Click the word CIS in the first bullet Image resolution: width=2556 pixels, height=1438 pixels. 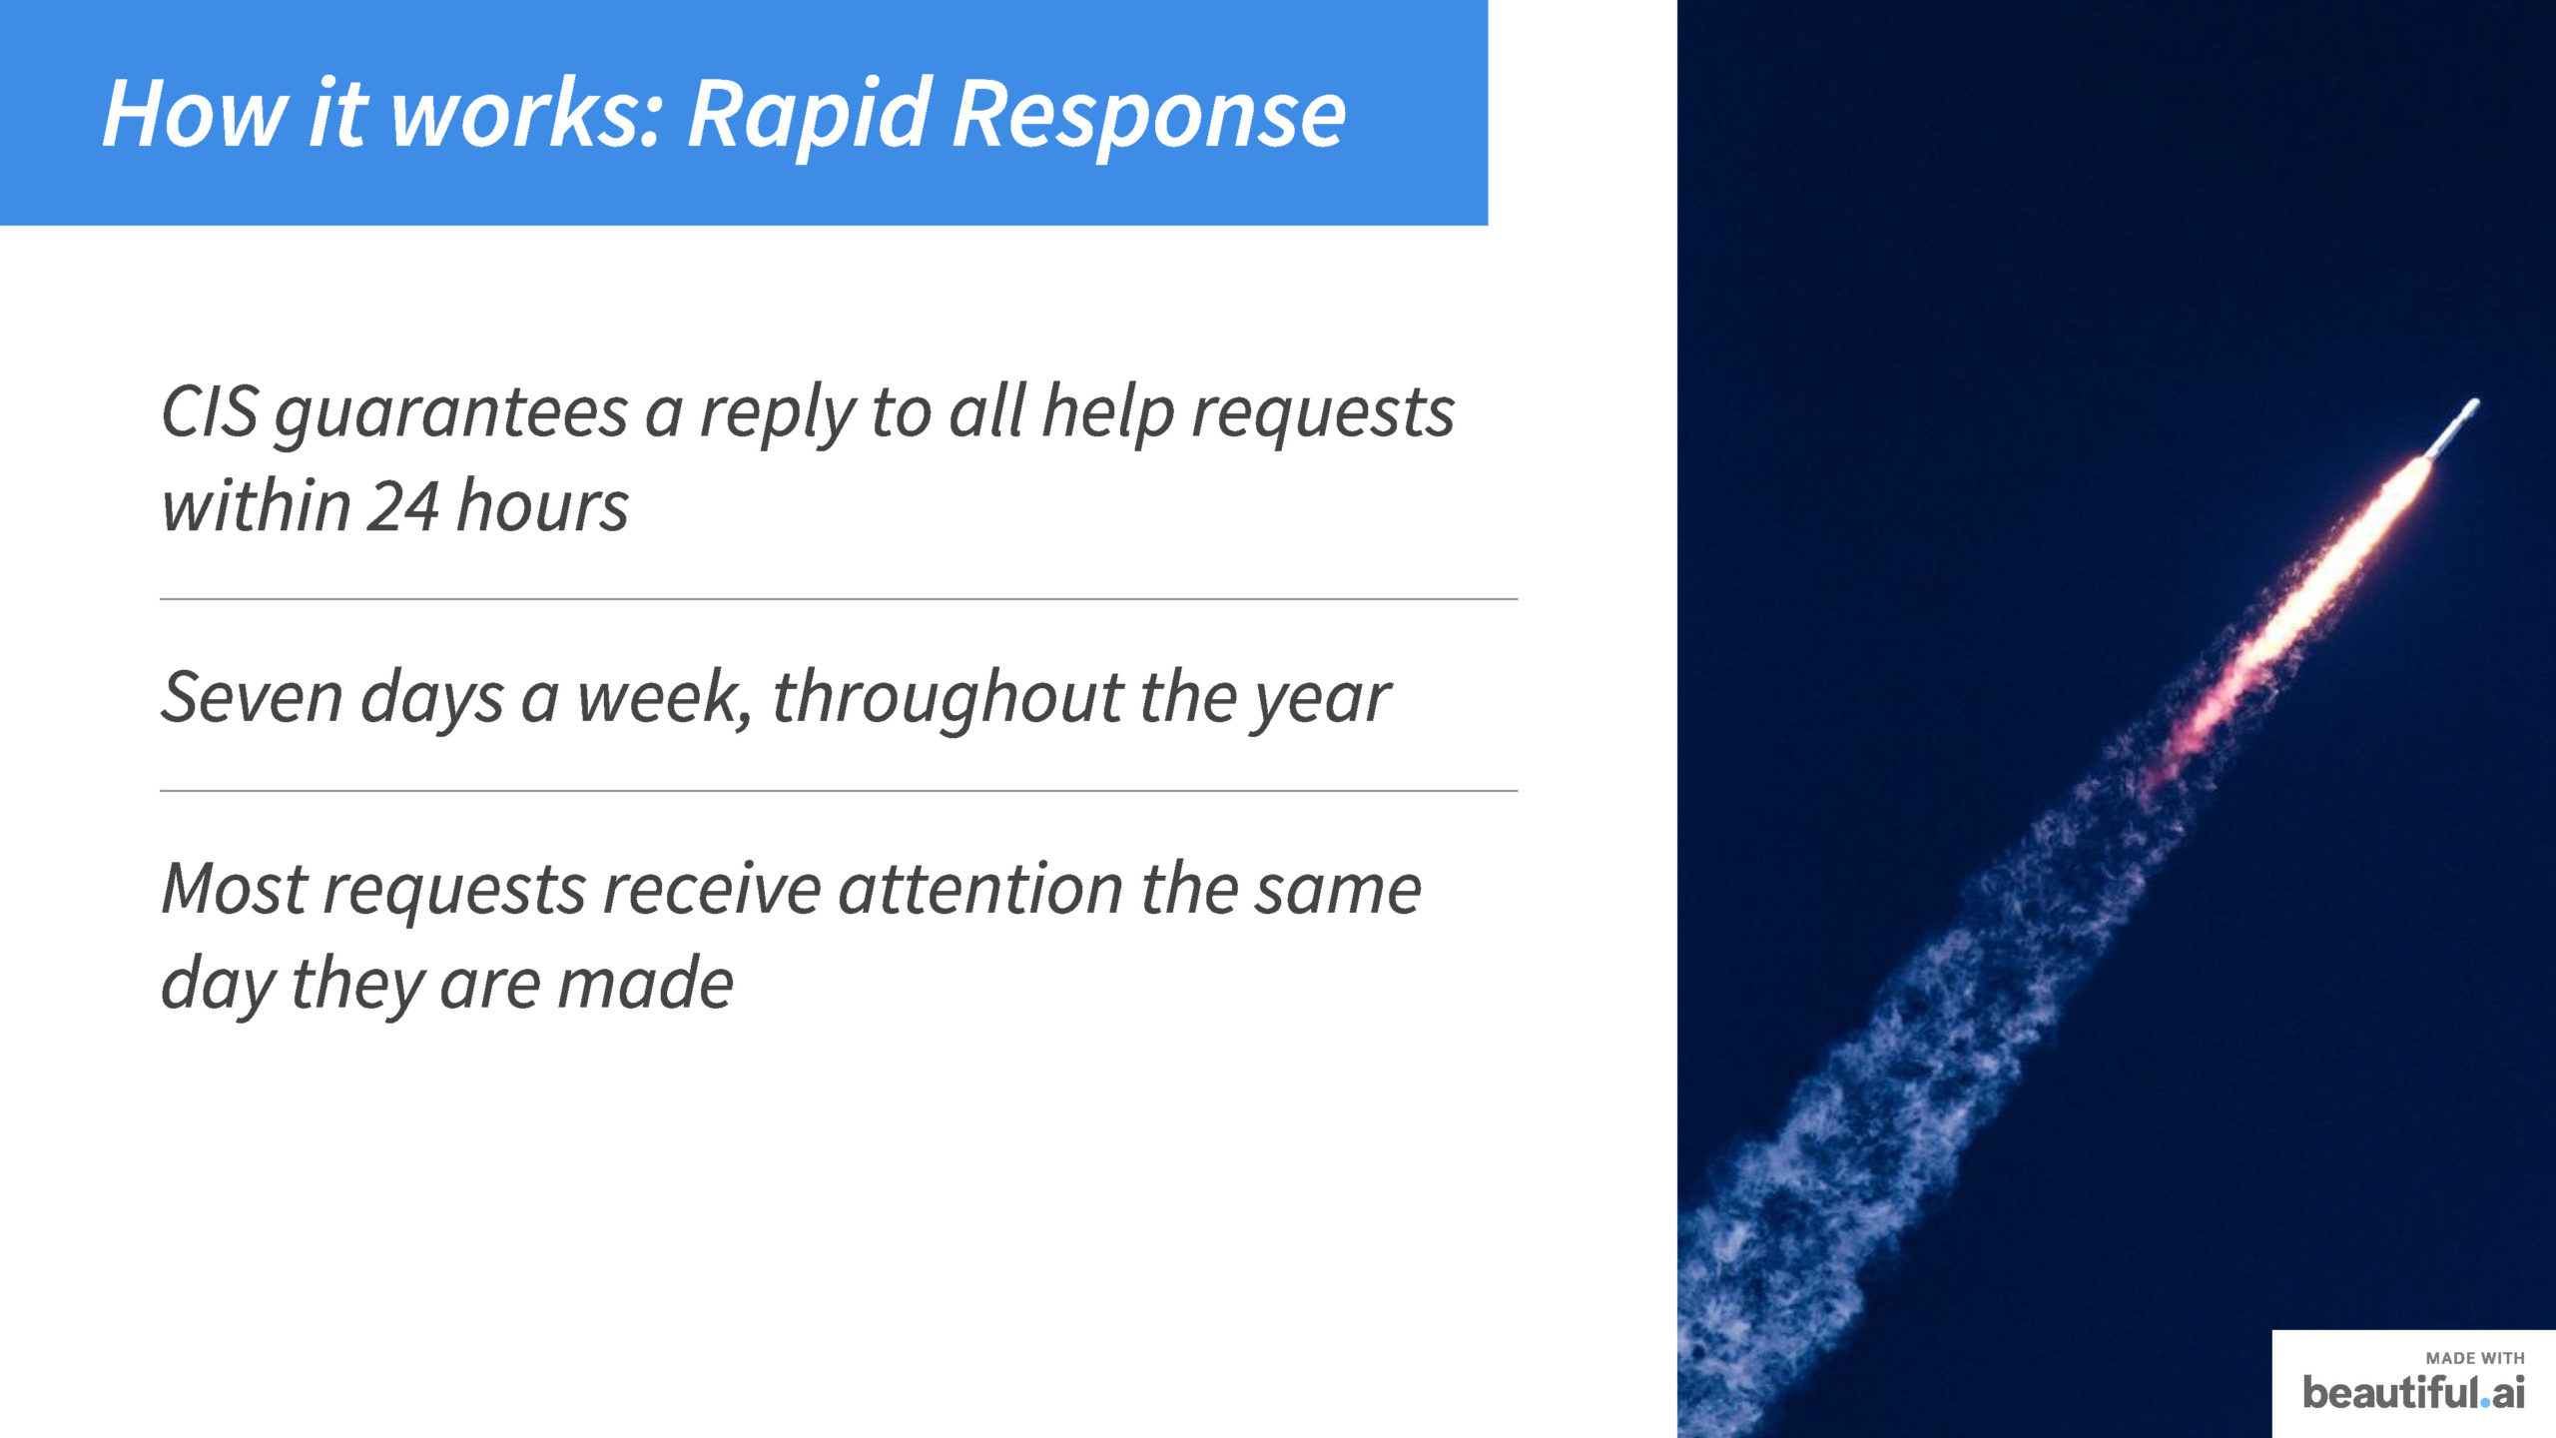pos(211,411)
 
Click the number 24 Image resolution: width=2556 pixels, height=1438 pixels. pos(403,506)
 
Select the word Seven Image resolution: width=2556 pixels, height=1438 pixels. pos(252,697)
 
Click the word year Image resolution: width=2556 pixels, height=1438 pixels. pos(1322,701)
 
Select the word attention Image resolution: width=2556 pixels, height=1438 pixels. pos(980,888)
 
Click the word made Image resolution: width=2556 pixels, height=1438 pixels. pos(645,983)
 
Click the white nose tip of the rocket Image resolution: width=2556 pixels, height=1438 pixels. pos(2473,404)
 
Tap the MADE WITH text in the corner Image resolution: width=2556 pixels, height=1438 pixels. pos(2475,1358)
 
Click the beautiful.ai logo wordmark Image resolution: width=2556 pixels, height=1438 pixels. pos(2413,1392)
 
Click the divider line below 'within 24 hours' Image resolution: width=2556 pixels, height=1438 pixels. pos(839,599)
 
